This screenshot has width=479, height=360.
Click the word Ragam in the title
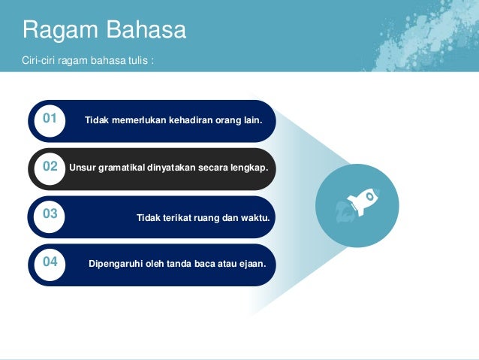point(60,31)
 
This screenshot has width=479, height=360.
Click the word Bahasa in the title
point(146,29)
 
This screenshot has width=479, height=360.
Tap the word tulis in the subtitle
point(138,60)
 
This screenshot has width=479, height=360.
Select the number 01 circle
point(50,121)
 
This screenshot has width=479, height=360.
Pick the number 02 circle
point(50,169)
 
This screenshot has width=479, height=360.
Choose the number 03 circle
point(50,217)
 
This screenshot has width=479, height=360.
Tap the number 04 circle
point(50,265)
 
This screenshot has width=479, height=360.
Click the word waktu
point(255,218)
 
